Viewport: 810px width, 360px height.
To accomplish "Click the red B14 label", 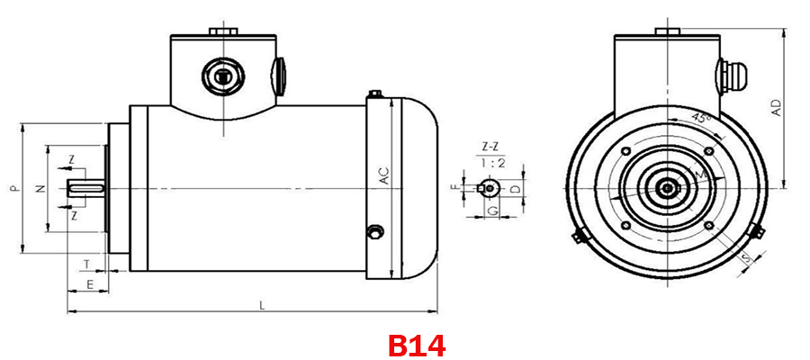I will point(417,345).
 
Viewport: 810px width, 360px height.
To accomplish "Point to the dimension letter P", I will point(13,189).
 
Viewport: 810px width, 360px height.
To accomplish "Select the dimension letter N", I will point(39,189).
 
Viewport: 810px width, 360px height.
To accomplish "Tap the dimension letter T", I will point(86,264).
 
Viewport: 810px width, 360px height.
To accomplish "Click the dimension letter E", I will point(90,283).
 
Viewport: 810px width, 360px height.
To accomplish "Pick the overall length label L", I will point(262,306).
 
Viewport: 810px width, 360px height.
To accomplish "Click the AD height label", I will point(776,108).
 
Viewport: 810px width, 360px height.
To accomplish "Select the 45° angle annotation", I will point(699,118).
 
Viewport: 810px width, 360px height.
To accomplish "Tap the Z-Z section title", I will point(490,146).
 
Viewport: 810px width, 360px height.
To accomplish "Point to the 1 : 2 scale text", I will point(490,163).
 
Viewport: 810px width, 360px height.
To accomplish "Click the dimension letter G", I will point(492,210).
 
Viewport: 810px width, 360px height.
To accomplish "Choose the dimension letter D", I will point(514,189).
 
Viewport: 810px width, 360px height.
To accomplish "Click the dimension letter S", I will point(746,261).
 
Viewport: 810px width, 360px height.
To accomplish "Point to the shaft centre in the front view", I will point(666,187).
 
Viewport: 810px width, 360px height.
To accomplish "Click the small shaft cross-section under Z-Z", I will point(489,188).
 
